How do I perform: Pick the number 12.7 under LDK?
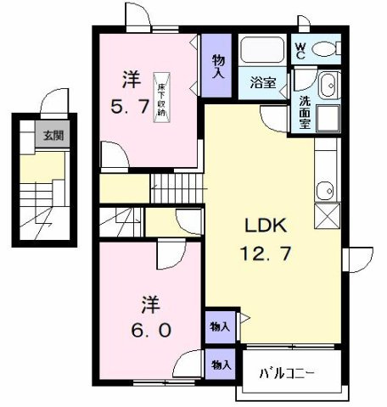pos(268,252)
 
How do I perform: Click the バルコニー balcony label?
pos(285,373)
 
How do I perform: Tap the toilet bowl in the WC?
pos(323,49)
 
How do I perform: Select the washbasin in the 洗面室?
pos(328,84)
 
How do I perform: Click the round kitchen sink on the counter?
pos(322,189)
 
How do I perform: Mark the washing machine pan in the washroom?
pos(327,117)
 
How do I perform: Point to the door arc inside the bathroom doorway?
pos(274,116)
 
